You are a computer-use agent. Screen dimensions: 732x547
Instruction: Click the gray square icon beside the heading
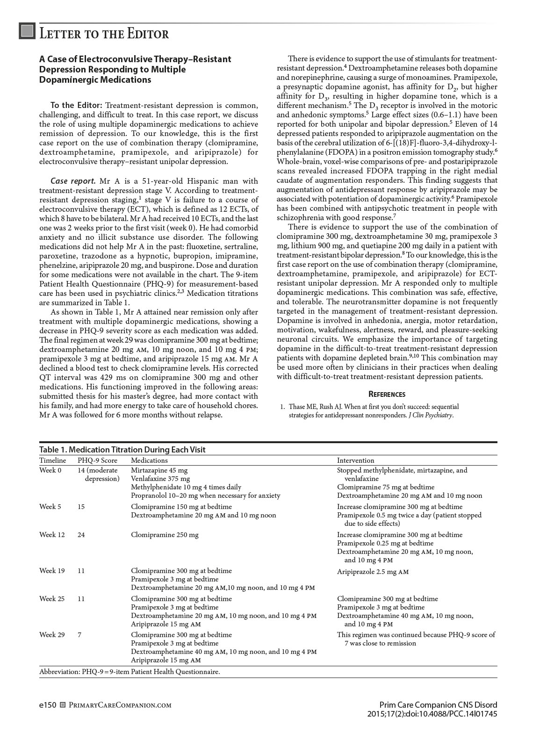tap(27, 31)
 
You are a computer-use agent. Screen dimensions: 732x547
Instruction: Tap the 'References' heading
tap(387, 394)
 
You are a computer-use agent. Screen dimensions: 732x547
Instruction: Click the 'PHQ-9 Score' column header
tap(97, 460)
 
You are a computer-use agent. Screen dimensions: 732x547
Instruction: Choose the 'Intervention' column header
tap(355, 460)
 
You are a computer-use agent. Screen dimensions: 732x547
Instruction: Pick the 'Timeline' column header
tap(52, 460)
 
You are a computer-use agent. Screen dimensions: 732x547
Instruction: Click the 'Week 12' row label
tap(52, 535)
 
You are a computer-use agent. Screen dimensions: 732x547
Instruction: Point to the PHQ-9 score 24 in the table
tap(81, 535)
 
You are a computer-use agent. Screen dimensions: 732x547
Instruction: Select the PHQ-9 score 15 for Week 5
tap(81, 507)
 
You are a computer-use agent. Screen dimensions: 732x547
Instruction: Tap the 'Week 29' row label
tap(52, 635)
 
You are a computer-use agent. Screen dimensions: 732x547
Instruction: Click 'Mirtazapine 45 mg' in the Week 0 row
tap(159, 470)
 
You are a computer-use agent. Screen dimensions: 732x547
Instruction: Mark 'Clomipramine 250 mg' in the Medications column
tap(165, 535)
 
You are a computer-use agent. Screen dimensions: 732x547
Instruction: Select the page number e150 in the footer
tap(48, 705)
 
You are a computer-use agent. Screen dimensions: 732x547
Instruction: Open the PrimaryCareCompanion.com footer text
tap(120, 705)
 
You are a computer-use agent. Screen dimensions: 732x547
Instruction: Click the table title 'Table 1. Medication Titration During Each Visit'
tap(122, 450)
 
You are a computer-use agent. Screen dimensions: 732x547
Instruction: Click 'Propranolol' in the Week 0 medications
tap(149, 495)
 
